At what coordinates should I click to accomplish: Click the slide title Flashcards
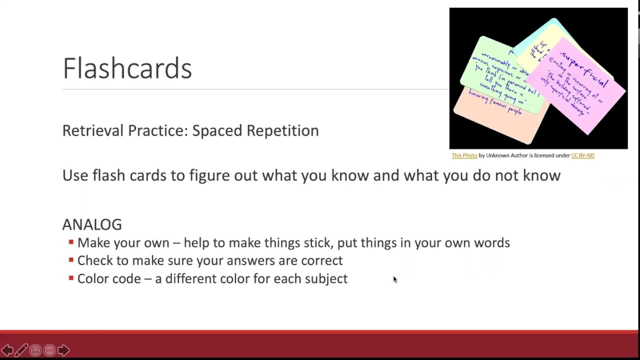(127, 68)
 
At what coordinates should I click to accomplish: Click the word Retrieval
(92, 130)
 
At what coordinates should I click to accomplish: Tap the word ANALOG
(92, 224)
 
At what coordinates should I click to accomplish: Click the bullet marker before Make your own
(71, 242)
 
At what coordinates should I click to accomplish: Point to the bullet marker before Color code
(71, 278)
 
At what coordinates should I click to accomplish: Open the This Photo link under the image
(464, 155)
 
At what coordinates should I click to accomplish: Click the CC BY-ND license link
(582, 155)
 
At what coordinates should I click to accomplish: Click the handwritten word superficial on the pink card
(584, 68)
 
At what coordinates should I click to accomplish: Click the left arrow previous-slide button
(7, 350)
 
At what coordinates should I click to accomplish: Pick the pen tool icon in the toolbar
(21, 350)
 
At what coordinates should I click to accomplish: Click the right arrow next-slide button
(63, 350)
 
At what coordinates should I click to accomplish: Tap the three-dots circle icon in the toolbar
(49, 350)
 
